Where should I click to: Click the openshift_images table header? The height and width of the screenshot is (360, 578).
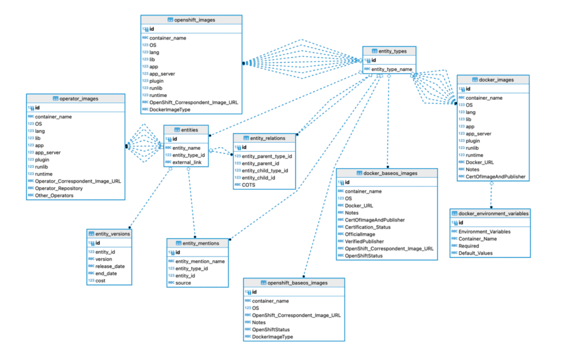[191, 20]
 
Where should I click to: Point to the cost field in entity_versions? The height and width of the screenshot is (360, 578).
[100, 280]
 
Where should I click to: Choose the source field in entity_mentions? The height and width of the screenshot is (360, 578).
[183, 283]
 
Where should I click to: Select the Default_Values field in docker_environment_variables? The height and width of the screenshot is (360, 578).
[475, 253]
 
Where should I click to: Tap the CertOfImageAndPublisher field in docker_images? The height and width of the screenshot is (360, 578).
[495, 177]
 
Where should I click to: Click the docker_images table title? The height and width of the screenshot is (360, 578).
[493, 80]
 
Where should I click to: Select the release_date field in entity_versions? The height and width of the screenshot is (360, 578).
[111, 266]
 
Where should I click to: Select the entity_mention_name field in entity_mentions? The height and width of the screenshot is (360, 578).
[200, 261]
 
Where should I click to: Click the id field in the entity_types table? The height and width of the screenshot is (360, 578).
[374, 60]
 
